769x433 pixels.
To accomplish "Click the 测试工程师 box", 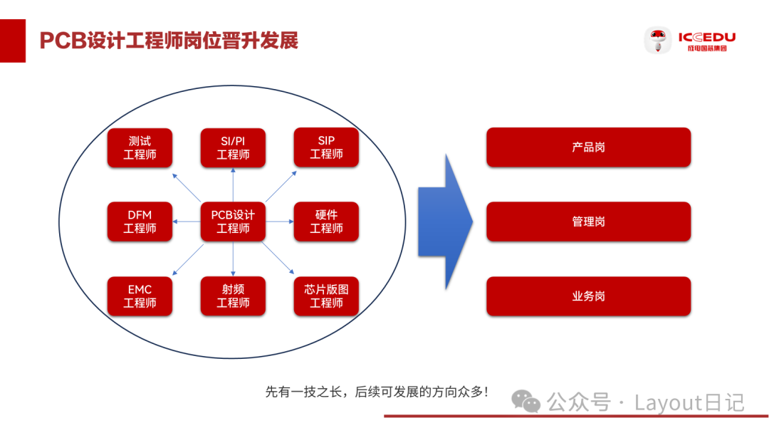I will coord(140,147).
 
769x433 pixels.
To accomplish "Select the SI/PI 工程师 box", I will coord(233,147).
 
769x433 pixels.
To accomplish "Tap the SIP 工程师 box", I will coord(326,147).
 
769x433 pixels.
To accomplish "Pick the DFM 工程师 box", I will coord(140,221).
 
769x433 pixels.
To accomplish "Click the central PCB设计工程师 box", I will coord(233,221).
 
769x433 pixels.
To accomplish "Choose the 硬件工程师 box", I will coord(326,221).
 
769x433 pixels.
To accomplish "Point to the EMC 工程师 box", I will coord(140,296).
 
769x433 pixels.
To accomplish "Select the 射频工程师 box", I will coord(233,296).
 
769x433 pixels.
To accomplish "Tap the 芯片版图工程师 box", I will coord(326,296).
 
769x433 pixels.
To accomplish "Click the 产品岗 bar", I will coord(588,147).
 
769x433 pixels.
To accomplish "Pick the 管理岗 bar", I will coord(588,221).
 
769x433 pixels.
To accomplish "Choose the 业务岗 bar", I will coord(588,296).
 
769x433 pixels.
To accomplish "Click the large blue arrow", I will coord(446,221).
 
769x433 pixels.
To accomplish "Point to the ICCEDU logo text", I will coord(706,37).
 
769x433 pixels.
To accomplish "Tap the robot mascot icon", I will coord(657,40).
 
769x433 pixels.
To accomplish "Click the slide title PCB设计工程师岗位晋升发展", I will coord(168,40).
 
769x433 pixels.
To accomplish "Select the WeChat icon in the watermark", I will coord(528,402).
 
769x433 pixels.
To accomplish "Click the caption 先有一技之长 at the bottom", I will coord(377,392).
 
